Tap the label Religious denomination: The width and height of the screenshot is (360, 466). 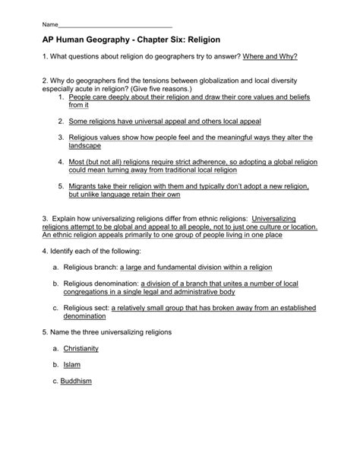click(106, 284)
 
